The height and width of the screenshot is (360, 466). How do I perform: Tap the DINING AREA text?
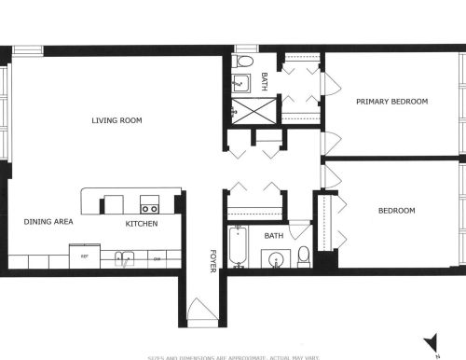[x=48, y=222]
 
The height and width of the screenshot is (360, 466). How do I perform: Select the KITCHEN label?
[x=142, y=224]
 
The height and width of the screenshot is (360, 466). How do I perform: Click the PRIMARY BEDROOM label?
[x=392, y=101]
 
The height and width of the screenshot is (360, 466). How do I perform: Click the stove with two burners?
[x=149, y=203]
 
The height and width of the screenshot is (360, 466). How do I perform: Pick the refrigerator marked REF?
[x=84, y=256]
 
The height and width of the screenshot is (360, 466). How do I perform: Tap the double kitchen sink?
[x=124, y=257]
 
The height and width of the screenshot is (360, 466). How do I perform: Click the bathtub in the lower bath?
[x=239, y=246]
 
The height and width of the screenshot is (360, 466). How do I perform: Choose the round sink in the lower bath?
[x=276, y=258]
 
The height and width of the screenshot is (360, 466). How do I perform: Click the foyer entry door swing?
[x=200, y=308]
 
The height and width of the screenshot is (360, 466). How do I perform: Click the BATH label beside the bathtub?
[x=274, y=236]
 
